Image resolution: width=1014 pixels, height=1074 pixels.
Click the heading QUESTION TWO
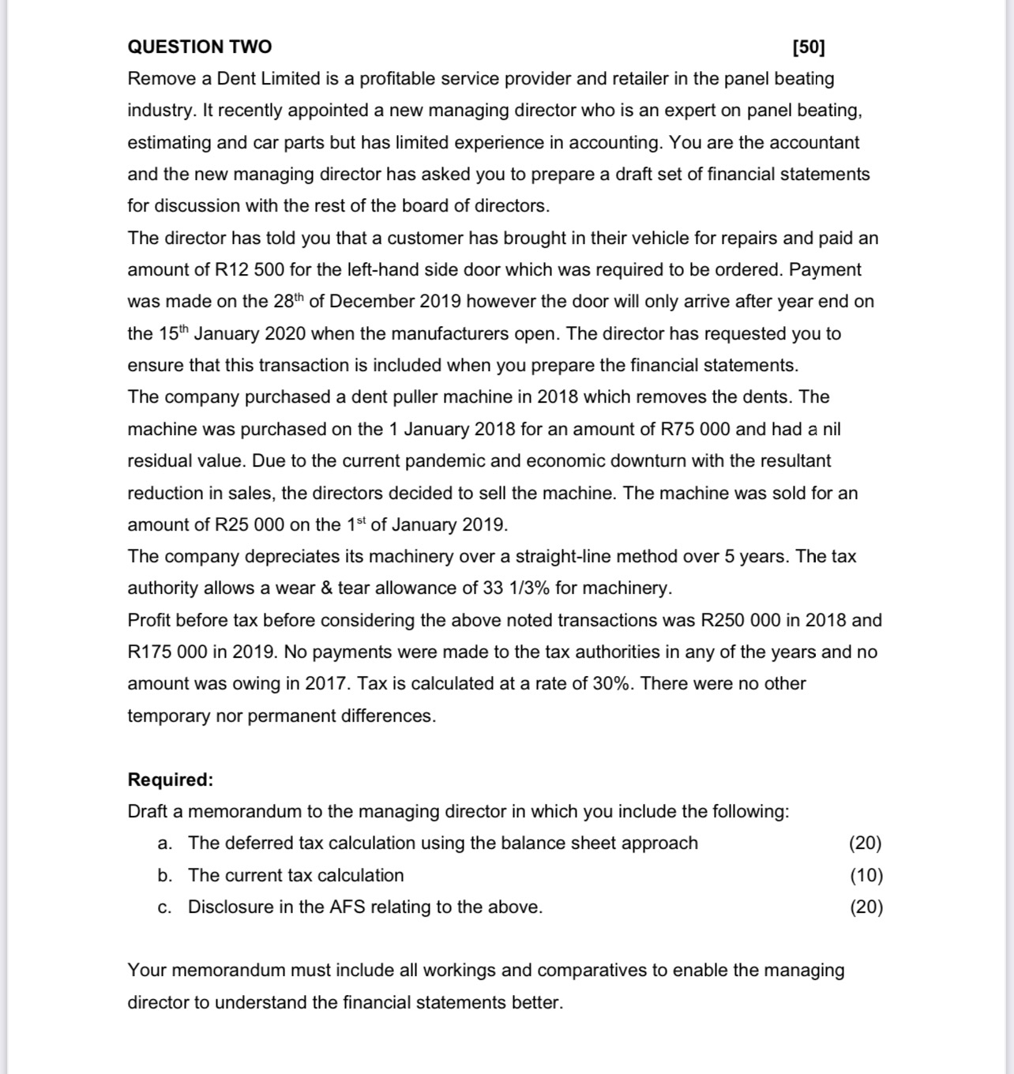(199, 47)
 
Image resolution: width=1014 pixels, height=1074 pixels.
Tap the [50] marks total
(808, 47)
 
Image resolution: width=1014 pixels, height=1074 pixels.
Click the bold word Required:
(171, 779)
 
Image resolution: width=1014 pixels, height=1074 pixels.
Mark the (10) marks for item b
(866, 875)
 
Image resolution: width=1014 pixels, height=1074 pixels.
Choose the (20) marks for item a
(866, 843)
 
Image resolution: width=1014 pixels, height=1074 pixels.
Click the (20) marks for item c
(866, 907)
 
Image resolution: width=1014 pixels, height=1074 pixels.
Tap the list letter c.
(163, 907)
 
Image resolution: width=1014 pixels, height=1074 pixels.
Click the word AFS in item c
(347, 907)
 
